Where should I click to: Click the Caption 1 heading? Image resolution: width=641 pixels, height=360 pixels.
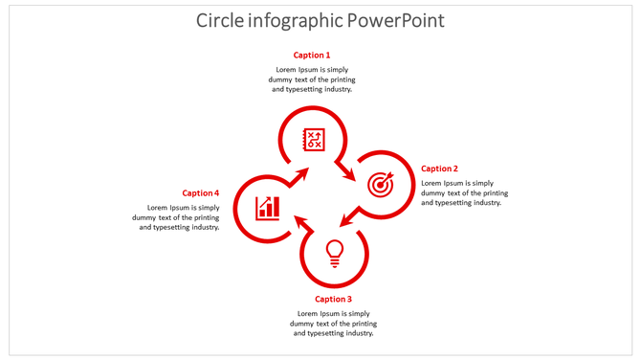click(x=312, y=56)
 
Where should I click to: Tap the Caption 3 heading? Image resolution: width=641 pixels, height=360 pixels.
click(x=333, y=299)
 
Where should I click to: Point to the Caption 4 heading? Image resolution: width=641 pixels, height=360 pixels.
click(x=201, y=192)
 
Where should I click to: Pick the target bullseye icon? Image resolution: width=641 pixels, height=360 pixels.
click(x=380, y=183)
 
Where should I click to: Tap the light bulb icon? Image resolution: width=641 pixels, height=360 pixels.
click(x=334, y=252)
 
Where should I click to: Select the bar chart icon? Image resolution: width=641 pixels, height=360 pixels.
click(x=267, y=207)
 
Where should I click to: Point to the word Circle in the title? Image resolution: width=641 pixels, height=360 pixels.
click(x=217, y=20)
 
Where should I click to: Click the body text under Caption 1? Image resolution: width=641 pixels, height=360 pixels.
click(x=311, y=79)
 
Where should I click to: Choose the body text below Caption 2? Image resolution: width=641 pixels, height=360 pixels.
click(x=464, y=192)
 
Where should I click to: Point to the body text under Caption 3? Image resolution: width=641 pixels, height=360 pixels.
click(x=333, y=323)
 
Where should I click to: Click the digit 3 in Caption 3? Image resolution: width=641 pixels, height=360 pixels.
click(x=349, y=299)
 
